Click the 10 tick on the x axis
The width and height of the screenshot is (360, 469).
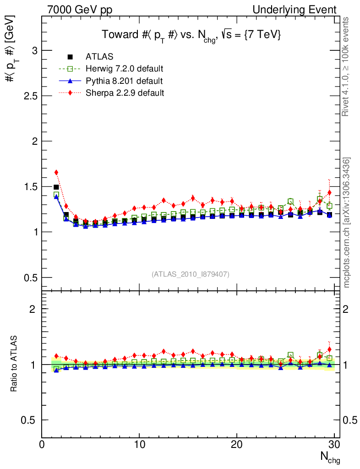click(139, 444)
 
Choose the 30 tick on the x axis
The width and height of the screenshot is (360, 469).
click(334, 444)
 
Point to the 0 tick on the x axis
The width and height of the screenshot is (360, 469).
click(42, 444)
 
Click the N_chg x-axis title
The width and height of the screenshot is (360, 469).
click(329, 456)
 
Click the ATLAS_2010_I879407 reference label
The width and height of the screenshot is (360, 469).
click(191, 274)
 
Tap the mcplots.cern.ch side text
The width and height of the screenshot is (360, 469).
click(347, 223)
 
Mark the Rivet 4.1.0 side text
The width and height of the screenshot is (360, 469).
click(347, 67)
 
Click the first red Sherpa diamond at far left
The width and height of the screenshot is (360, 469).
click(56, 173)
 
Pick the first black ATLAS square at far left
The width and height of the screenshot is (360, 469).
click(56, 187)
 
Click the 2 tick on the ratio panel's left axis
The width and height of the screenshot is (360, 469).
click(33, 309)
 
